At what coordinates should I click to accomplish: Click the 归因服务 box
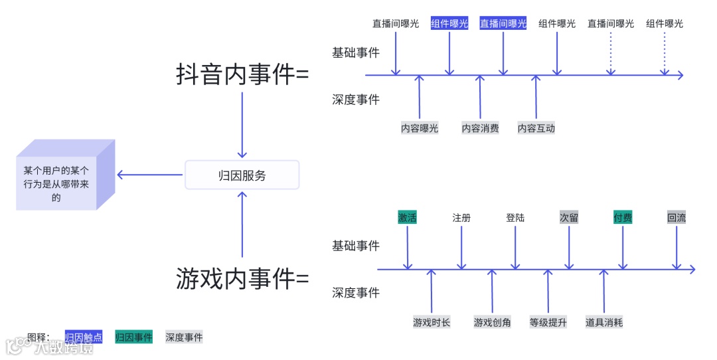242,175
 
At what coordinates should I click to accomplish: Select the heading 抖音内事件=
242,74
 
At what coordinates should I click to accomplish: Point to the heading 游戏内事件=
242,278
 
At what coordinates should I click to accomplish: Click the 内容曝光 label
420,128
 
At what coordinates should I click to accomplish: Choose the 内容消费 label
480,128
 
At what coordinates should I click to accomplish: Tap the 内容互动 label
536,128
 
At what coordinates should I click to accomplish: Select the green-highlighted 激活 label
407,217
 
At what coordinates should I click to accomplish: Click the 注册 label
461,217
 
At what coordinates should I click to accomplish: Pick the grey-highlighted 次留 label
569,217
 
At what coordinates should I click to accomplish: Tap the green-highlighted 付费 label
623,217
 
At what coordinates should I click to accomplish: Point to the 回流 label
677,217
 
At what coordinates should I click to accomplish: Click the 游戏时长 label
432,322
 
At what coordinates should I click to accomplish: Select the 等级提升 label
548,322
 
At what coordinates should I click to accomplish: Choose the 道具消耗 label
603,322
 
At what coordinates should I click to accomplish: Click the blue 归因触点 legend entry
84,337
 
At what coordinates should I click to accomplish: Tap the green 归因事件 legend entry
133,337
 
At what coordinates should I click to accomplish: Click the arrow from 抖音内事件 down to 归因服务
242,125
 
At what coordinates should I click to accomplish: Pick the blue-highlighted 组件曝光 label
449,23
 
